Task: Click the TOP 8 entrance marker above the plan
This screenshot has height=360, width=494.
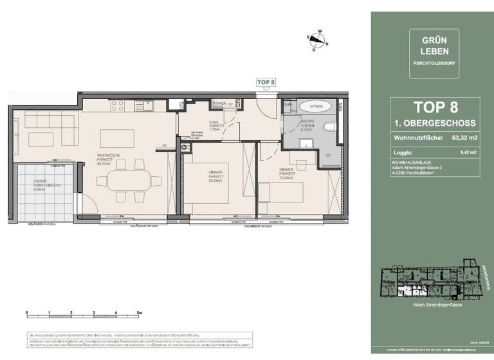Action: (266, 82)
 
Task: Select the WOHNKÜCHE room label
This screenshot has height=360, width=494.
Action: (106, 156)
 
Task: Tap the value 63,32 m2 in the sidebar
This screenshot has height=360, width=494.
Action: (464, 137)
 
